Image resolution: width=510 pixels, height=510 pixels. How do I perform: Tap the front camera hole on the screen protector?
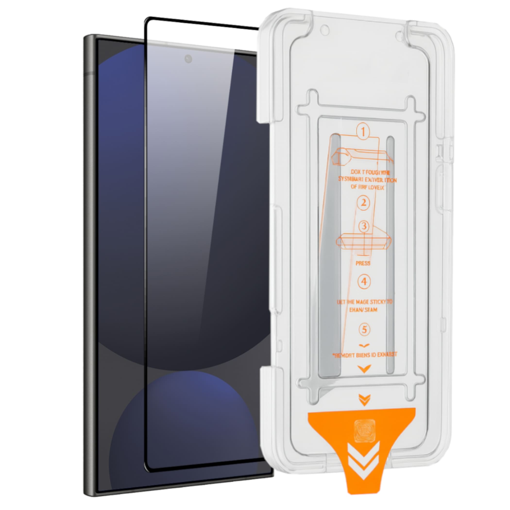click(x=188, y=59)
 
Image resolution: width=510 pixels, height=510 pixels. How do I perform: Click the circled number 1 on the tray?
click(x=363, y=131)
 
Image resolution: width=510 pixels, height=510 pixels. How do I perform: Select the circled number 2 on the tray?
click(x=364, y=203)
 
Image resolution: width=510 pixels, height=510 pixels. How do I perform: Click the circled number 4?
click(x=364, y=282)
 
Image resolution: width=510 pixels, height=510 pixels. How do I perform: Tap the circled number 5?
click(x=365, y=330)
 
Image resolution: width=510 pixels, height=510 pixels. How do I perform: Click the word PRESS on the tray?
click(x=363, y=263)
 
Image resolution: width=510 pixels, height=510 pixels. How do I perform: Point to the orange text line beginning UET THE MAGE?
click(x=365, y=302)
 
